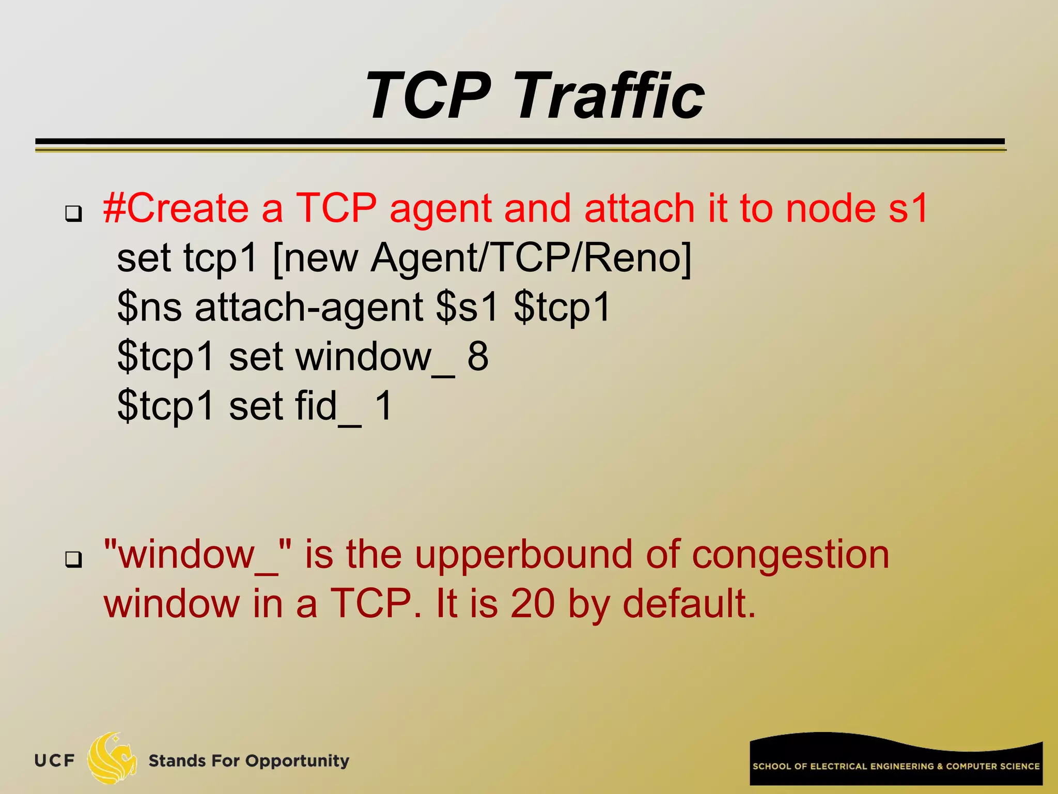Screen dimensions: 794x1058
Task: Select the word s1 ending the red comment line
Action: (909, 208)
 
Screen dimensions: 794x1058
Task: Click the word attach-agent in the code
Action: (309, 307)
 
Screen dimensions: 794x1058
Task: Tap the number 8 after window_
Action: (477, 356)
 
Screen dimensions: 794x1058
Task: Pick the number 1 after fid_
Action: (383, 406)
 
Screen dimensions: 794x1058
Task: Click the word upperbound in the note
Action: (523, 555)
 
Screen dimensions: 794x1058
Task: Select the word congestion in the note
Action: (790, 555)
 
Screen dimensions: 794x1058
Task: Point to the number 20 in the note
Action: (532, 604)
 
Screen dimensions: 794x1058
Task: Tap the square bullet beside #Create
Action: (73, 213)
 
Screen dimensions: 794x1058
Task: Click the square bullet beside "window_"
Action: (73, 559)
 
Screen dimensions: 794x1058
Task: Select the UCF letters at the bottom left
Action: (54, 761)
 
